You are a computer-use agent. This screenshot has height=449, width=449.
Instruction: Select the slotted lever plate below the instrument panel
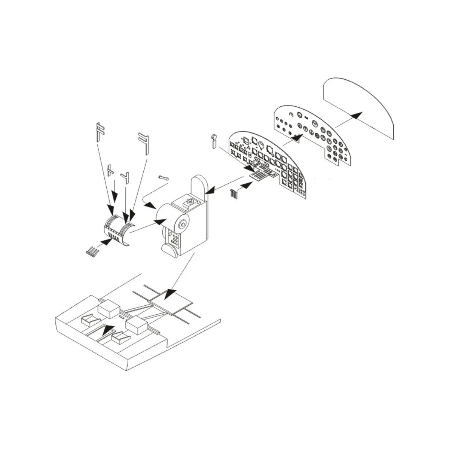[264, 174]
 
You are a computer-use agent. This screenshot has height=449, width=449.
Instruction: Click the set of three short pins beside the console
[234, 194]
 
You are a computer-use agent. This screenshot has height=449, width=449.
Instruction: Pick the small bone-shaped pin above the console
[164, 177]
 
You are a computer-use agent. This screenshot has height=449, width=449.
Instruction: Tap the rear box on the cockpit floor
[109, 309]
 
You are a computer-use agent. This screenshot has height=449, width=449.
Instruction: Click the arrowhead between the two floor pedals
[108, 330]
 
